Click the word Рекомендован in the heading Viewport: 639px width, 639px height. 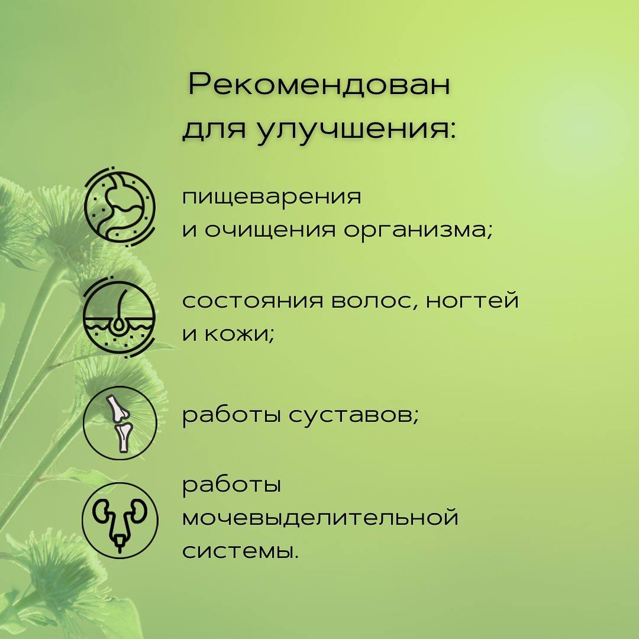click(x=319, y=85)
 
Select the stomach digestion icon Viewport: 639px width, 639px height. click(x=120, y=206)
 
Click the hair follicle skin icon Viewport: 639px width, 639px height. click(x=119, y=317)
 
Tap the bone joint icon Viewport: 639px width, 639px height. click(x=120, y=424)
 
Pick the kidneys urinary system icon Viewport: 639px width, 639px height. click(x=120, y=521)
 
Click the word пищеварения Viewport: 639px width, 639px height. click(x=272, y=197)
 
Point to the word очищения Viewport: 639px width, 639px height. click(x=270, y=231)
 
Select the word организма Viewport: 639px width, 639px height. click(x=418, y=231)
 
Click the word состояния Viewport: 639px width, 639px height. click(x=253, y=301)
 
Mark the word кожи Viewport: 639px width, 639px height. click(x=238, y=335)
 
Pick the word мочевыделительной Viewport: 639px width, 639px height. click(x=320, y=517)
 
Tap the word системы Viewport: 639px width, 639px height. click(x=240, y=551)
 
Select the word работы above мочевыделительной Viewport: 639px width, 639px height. click(x=231, y=485)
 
